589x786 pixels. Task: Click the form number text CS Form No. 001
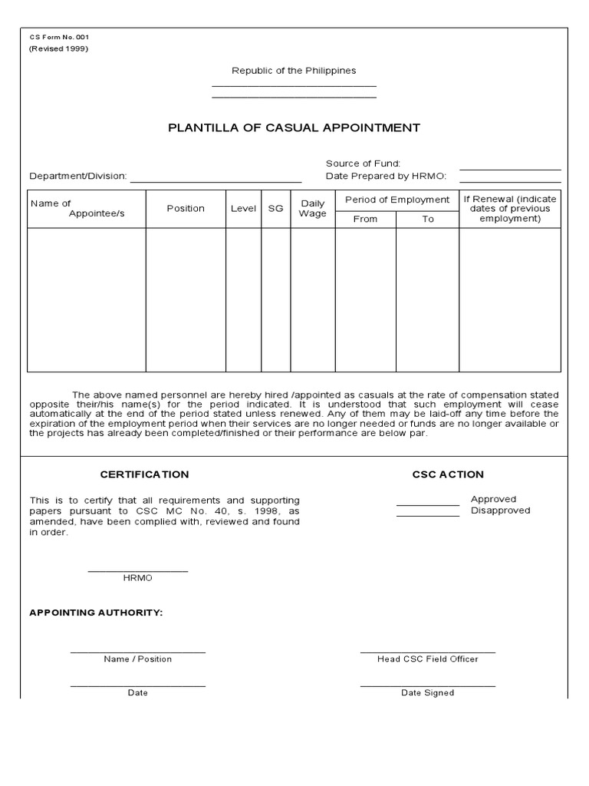[60, 37]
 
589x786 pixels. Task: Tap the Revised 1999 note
[59, 48]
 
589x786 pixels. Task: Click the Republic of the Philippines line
[294, 71]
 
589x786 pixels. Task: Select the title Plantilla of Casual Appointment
[294, 127]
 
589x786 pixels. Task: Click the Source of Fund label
[363, 163]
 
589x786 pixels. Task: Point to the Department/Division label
[78, 176]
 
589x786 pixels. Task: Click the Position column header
[186, 209]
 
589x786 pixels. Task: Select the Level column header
[243, 209]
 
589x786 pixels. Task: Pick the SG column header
[275, 209]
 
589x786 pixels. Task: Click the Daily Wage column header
[312, 209]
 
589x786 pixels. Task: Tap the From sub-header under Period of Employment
[365, 219]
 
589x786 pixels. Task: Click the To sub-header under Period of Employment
[427, 219]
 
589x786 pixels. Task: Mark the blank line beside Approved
[427, 504]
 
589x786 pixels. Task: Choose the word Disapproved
[500, 510]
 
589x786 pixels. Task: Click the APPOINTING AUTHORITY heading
[96, 613]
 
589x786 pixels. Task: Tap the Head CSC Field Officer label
[427, 659]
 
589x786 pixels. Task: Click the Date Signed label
[427, 692]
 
